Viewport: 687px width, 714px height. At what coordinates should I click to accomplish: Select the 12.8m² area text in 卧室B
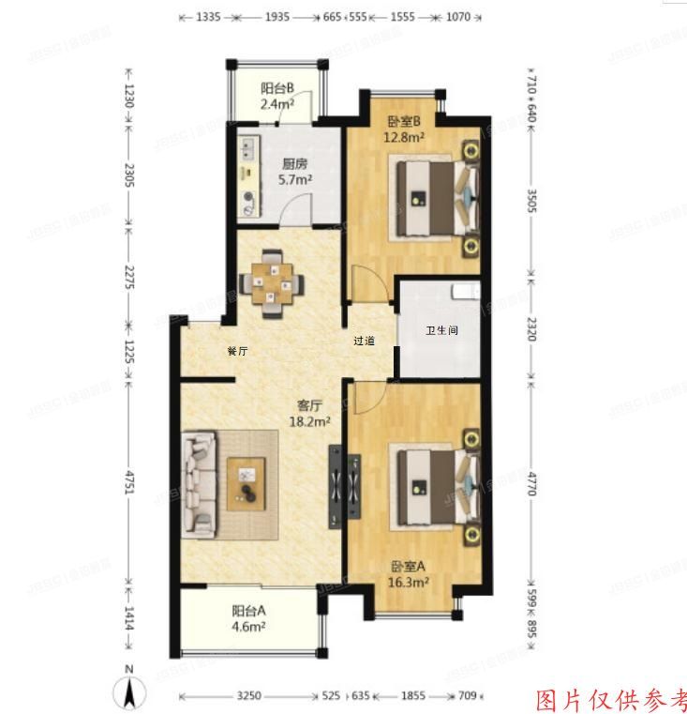404,136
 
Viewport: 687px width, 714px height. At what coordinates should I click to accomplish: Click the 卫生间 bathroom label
441,331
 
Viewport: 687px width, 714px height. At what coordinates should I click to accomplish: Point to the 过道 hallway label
365,341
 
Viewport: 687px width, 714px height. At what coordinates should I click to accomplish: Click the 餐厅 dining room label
237,351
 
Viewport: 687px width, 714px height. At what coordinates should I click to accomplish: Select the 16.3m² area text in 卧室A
410,582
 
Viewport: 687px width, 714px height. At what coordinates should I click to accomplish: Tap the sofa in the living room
201,484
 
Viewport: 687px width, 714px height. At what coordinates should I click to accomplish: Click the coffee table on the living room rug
247,483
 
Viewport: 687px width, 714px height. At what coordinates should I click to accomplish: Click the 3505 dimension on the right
531,203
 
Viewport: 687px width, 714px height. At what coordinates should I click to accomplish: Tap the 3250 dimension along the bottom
247,696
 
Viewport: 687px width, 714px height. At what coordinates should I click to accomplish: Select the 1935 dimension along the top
276,17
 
